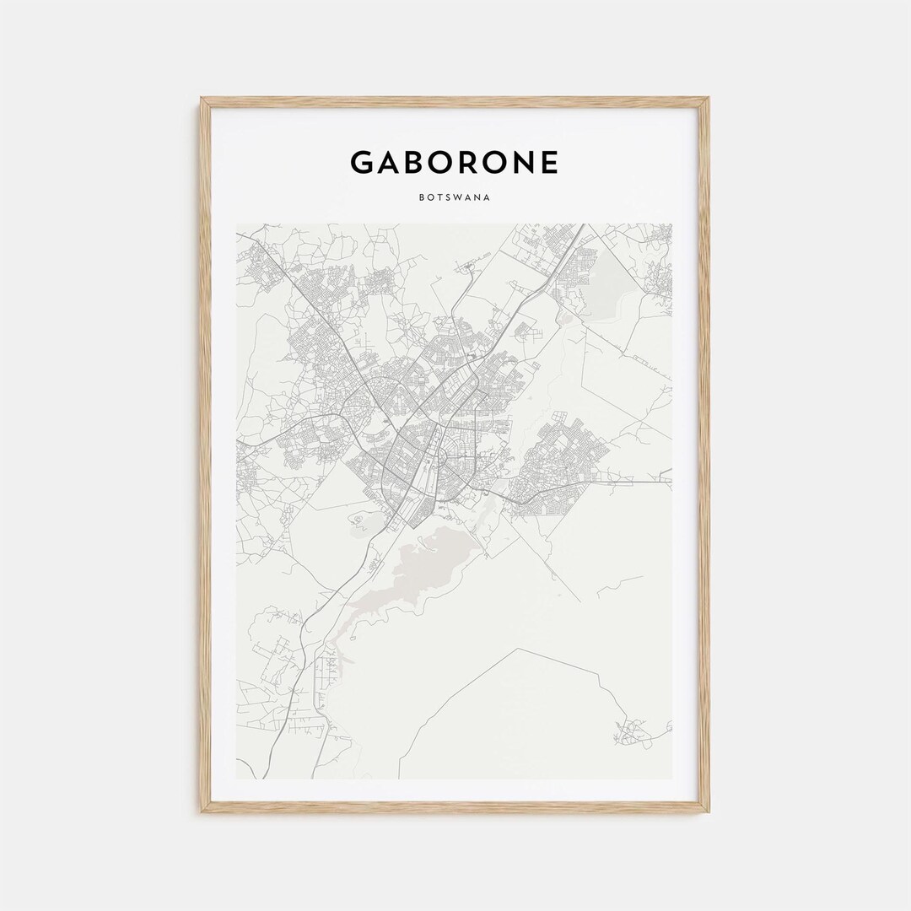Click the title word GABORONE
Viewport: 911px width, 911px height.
pyautogui.click(x=454, y=162)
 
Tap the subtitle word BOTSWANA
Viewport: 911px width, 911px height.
pyautogui.click(x=455, y=200)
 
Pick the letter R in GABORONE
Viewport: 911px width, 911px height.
pyautogui.click(x=474, y=162)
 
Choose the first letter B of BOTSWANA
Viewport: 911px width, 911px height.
pyautogui.click(x=420, y=200)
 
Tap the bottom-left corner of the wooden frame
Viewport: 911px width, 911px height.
pyautogui.click(x=202, y=811)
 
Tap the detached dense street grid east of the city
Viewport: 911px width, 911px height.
pyautogui.click(x=561, y=455)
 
